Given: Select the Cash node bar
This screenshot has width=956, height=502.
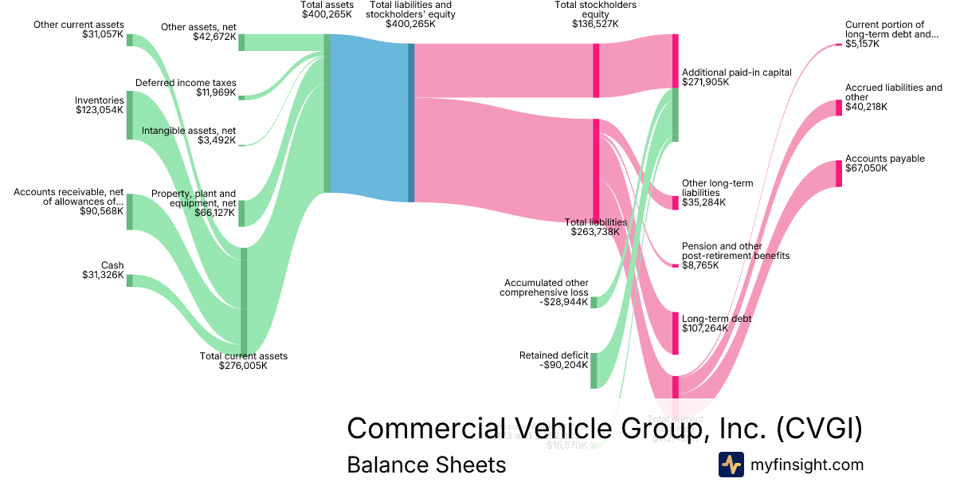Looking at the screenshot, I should point(130,280).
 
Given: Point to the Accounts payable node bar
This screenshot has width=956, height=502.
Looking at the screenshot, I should point(839,174).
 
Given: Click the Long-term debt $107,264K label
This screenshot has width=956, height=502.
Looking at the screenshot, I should point(717,324).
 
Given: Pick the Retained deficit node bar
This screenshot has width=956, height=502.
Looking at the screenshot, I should point(594,371).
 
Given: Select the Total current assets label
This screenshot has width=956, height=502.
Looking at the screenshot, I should point(243,361).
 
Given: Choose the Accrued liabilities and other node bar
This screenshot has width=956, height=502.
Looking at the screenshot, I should point(839,108).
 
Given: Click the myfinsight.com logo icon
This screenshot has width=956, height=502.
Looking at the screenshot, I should point(731,465).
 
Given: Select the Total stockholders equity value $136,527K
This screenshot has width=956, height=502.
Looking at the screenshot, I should point(595,24).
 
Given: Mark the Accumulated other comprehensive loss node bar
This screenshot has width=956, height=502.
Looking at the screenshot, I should point(594,302).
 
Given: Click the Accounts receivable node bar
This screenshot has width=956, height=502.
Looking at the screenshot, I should point(130,211).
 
